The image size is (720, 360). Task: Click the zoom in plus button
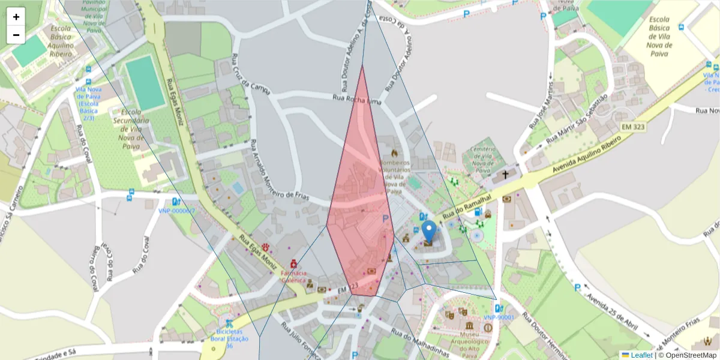point(16,17)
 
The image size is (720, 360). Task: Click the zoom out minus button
point(16,35)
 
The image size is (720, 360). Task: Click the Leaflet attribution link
point(641,355)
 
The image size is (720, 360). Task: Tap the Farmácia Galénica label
point(293,277)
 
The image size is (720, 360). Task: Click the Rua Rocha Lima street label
point(357,99)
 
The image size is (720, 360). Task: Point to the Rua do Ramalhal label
point(467,206)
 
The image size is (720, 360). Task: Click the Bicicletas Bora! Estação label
point(228,338)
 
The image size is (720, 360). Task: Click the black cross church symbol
point(505,175)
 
